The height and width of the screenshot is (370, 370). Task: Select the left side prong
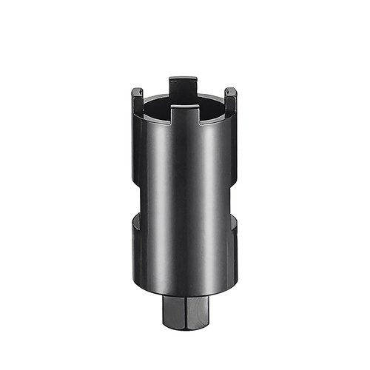(137, 100)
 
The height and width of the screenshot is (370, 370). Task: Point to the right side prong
(232, 100)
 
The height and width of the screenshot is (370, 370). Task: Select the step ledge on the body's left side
(137, 221)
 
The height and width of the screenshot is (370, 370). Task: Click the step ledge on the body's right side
(233, 221)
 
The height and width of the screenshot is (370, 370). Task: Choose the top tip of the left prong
(137, 90)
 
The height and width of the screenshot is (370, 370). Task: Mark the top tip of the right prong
(232, 90)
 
